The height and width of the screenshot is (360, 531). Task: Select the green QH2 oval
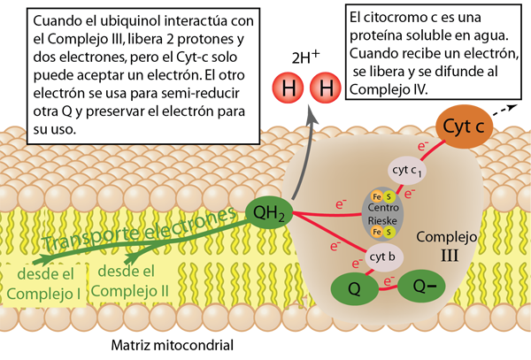click(271, 212)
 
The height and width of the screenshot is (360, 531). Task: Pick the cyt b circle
click(381, 257)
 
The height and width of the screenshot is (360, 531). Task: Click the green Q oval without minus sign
click(353, 287)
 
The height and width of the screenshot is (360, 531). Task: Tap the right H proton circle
click(326, 88)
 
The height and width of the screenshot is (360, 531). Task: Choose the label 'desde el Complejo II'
click(124, 280)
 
